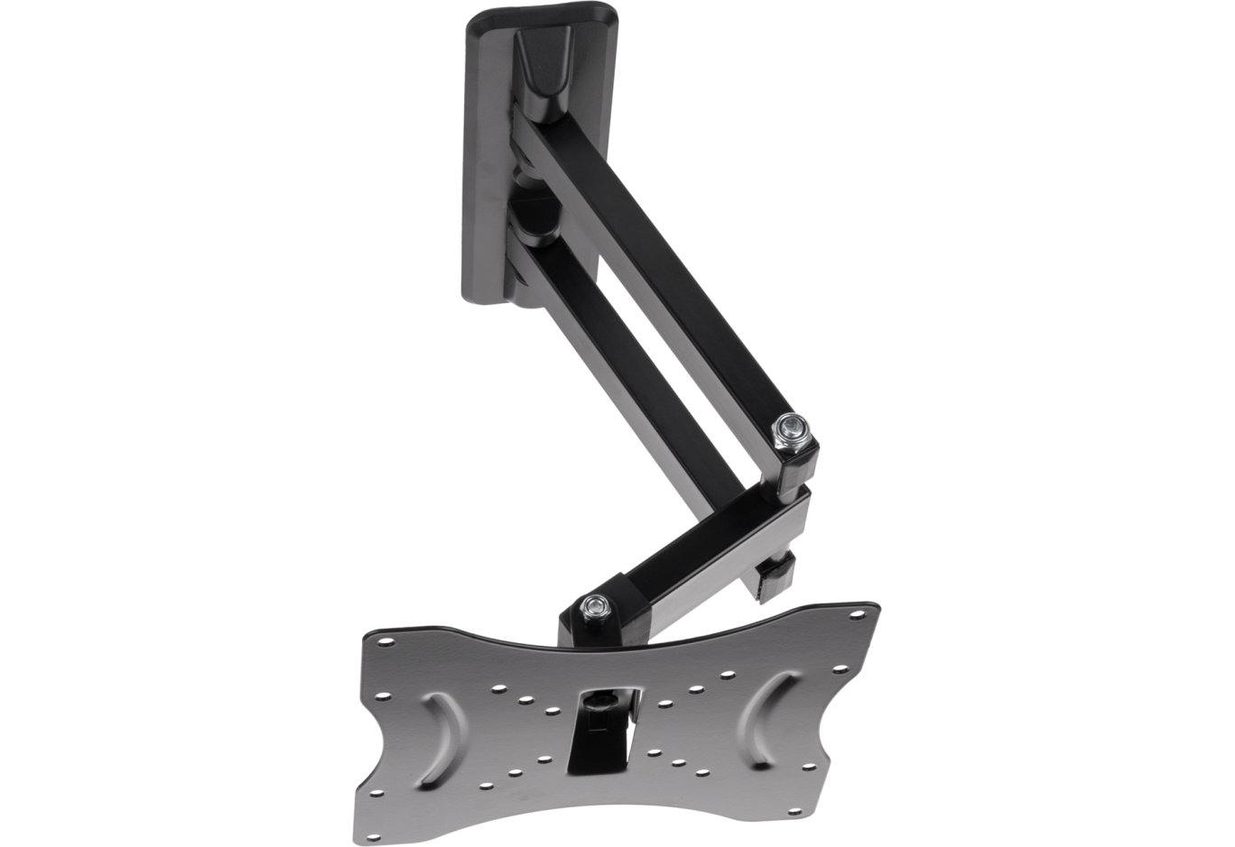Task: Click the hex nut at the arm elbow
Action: [x=791, y=425]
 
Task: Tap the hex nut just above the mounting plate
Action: [x=593, y=605]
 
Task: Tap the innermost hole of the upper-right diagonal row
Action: [x=664, y=703]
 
